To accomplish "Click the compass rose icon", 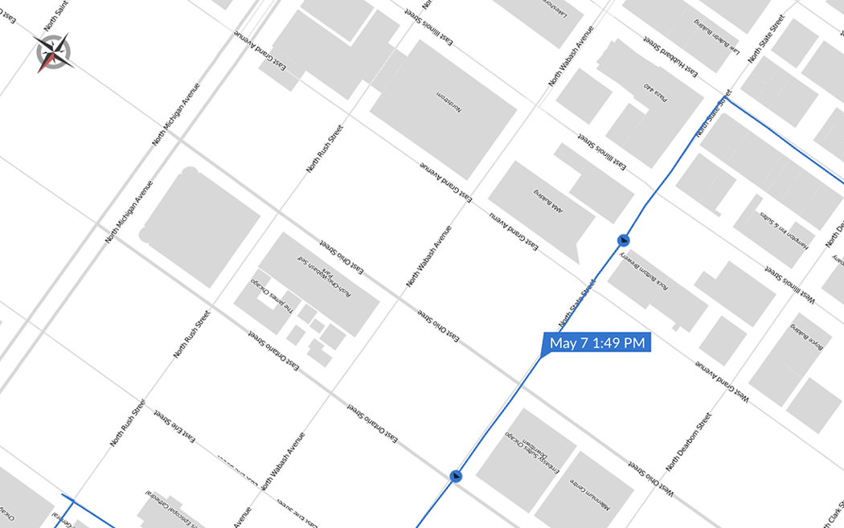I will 53,53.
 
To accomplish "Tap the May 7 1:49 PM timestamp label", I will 596,343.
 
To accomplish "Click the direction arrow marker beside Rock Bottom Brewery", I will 622,239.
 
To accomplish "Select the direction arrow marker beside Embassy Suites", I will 457,477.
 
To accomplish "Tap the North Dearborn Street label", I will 689,441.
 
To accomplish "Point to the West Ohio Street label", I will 651,478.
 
